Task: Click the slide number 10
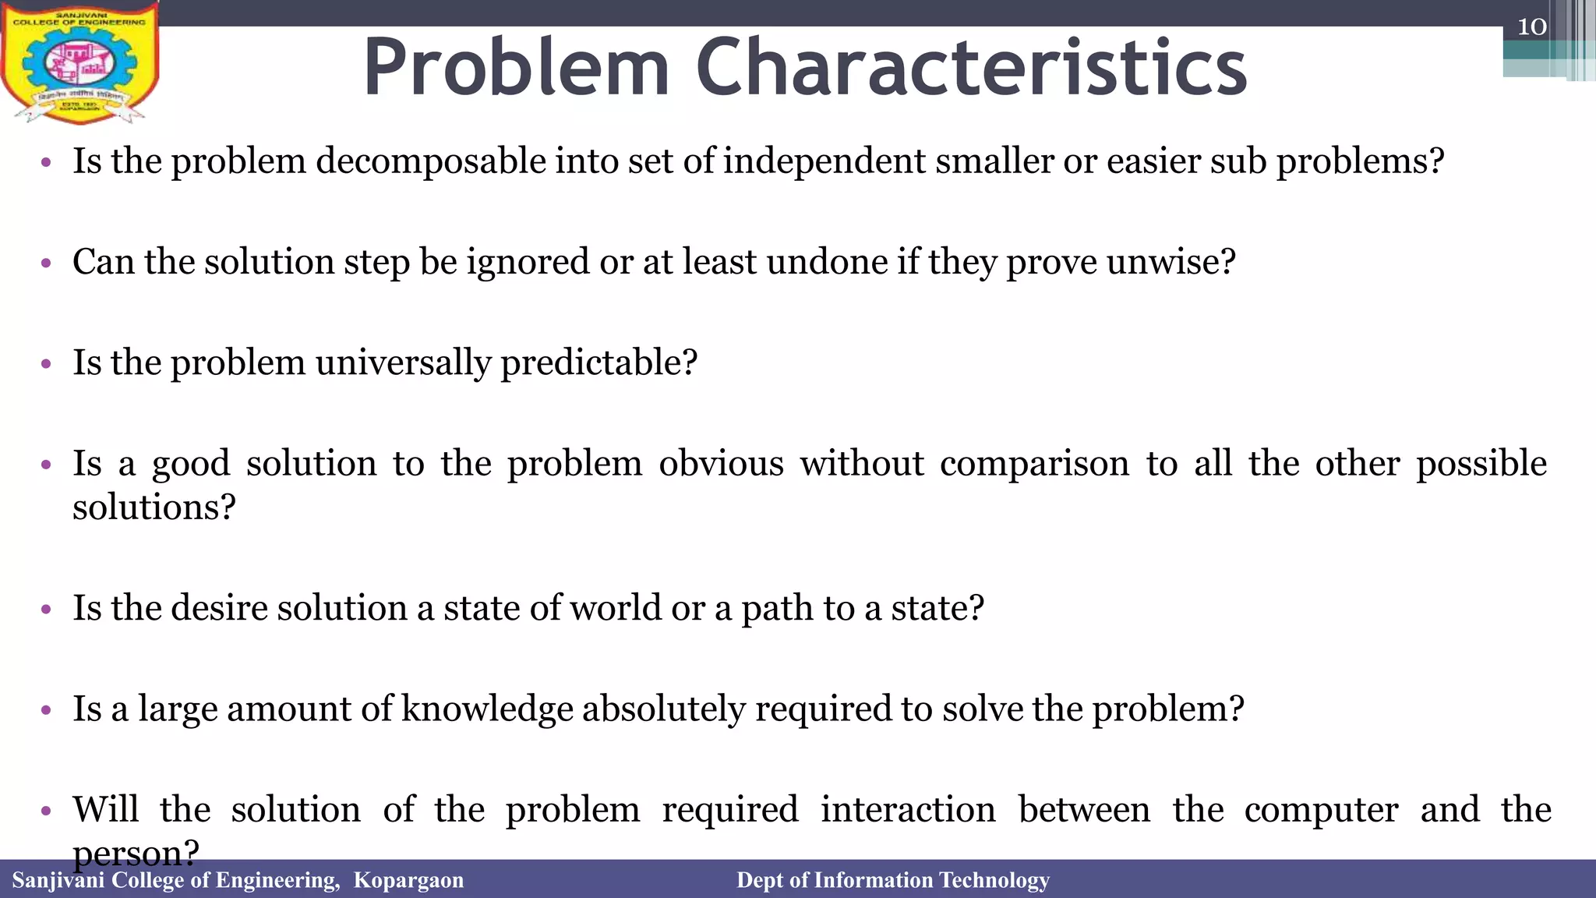[x=1531, y=27]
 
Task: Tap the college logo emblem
[x=79, y=62]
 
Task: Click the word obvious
[x=721, y=464]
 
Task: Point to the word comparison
[x=1034, y=464]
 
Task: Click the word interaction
[x=908, y=809]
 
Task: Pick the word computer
[x=1321, y=809]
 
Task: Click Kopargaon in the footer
[x=408, y=880]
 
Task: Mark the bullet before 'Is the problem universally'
[x=46, y=364]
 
